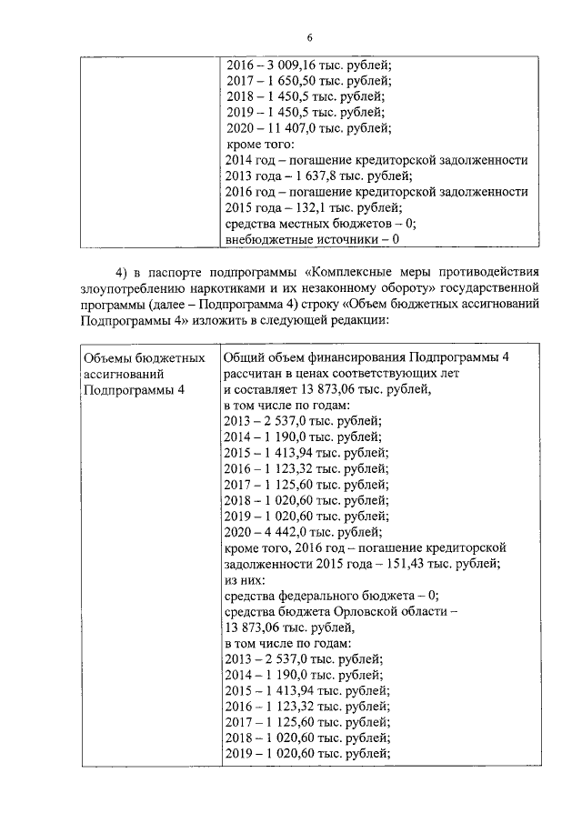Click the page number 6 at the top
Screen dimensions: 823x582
tap(309, 37)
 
